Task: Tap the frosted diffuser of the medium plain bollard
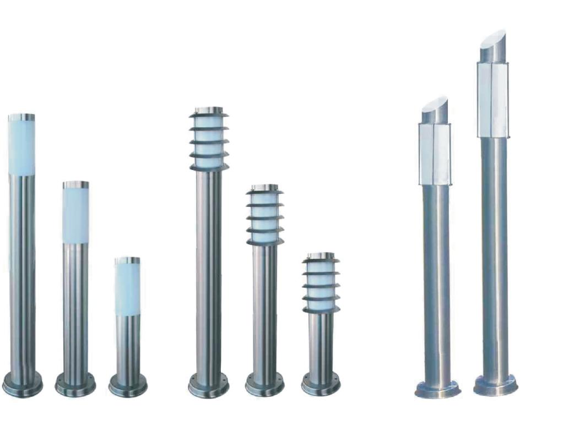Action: pos(75,215)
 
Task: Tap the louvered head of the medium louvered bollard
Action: pos(265,216)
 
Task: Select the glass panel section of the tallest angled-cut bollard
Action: pos(492,99)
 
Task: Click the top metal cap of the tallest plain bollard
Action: pos(21,117)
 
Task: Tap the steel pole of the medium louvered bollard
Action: pos(265,308)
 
